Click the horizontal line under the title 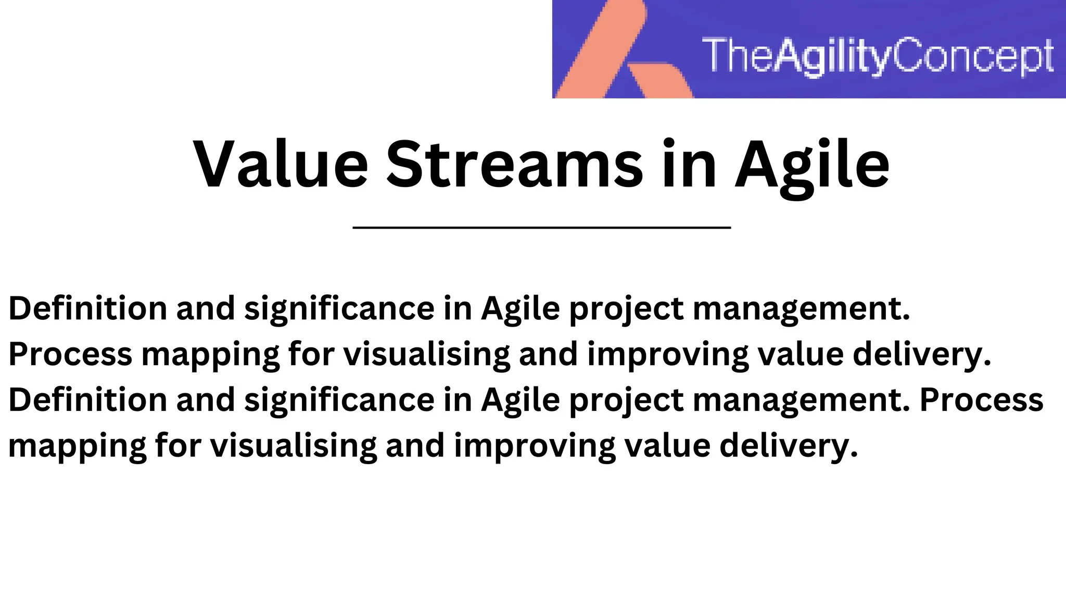(541, 228)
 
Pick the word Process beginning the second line (70, 354)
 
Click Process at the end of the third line (981, 399)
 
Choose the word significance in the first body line (339, 309)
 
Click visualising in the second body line (427, 354)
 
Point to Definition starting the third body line (87, 399)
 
